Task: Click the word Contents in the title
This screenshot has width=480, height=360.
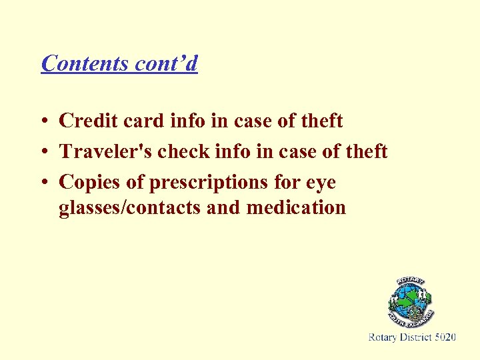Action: click(x=85, y=63)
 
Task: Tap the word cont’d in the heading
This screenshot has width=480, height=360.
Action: click(x=166, y=63)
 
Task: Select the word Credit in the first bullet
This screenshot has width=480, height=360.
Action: click(x=86, y=121)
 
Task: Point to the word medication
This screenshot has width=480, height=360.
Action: click(x=296, y=208)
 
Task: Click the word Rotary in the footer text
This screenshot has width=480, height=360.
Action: click(x=383, y=338)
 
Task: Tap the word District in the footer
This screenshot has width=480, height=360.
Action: click(x=416, y=338)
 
